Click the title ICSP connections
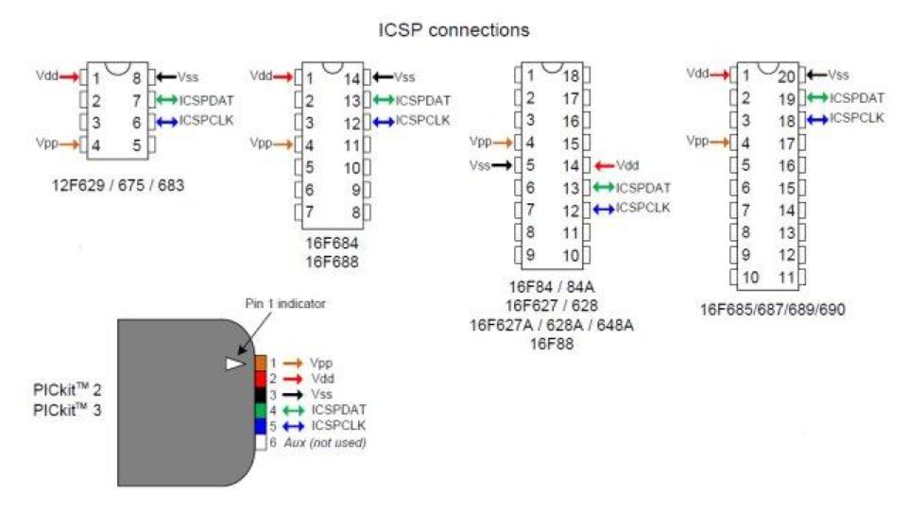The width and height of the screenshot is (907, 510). click(x=453, y=30)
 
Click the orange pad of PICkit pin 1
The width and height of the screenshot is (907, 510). click(x=261, y=363)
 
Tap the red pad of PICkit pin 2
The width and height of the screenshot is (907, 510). click(x=261, y=379)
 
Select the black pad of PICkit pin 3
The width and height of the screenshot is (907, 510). click(x=261, y=394)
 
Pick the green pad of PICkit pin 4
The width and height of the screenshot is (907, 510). click(x=261, y=410)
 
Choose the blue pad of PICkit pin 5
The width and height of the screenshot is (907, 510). click(x=261, y=426)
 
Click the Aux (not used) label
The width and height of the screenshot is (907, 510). click(x=331, y=442)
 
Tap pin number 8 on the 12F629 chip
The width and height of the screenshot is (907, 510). click(x=137, y=78)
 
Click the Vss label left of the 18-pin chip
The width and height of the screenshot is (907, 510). click(x=480, y=164)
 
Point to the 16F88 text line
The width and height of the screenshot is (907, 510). click(x=551, y=341)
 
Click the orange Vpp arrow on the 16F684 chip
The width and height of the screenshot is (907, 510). click(x=287, y=144)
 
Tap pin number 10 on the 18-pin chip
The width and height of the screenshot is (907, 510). click(x=570, y=255)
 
